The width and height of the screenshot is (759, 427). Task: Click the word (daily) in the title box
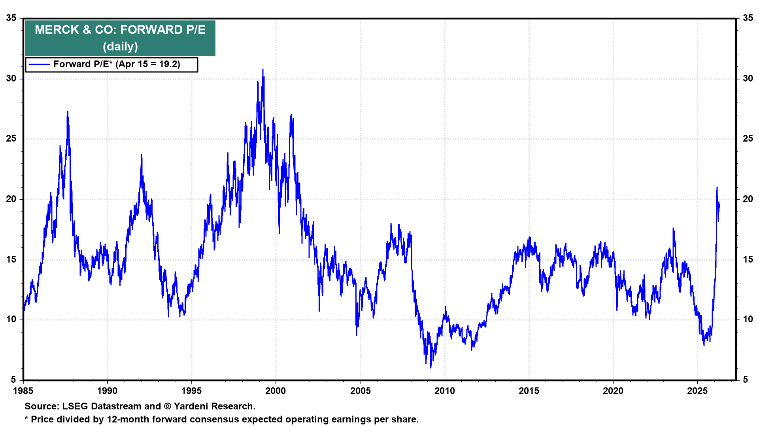[120, 47]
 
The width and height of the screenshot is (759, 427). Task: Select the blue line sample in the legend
[39, 64]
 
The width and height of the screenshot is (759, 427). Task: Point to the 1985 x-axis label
[23, 391]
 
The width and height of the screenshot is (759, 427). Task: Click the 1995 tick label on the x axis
[191, 391]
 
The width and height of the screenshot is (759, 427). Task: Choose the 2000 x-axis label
[276, 391]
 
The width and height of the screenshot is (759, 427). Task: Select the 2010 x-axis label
[445, 391]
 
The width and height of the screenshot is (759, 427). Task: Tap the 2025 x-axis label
[697, 391]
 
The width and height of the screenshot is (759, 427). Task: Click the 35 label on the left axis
[11, 18]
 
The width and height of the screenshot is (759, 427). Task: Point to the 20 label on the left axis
[11, 199]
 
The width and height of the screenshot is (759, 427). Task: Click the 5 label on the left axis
[13, 380]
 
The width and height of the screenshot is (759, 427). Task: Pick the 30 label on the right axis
[748, 79]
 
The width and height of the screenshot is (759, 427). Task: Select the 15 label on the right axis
[748, 260]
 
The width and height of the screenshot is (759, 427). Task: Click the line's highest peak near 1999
[263, 70]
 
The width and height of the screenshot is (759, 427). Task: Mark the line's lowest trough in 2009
[430, 367]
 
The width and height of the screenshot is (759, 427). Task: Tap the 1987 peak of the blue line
[68, 112]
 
